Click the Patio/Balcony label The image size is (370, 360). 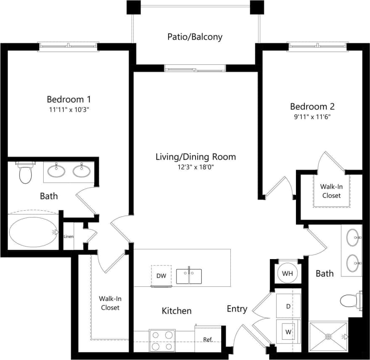tap(195, 37)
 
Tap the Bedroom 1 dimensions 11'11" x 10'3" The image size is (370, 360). tap(69, 109)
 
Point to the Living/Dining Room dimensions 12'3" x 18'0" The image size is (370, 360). tap(196, 167)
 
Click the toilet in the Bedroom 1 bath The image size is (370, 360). tap(26, 173)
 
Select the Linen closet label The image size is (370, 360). tap(69, 236)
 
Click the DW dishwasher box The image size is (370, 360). tap(161, 275)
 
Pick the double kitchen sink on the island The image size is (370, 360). tap(189, 276)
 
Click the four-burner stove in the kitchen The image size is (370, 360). tap(162, 340)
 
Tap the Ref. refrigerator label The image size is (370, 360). tap(208, 339)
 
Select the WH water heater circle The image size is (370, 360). tap(288, 273)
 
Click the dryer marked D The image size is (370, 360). tap(288, 306)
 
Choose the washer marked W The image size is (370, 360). tap(288, 331)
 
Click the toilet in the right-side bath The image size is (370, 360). tap(350, 300)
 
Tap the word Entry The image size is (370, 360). tap(237, 309)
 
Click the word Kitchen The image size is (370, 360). tap(177, 311)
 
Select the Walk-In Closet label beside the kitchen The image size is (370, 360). tap(109, 303)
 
